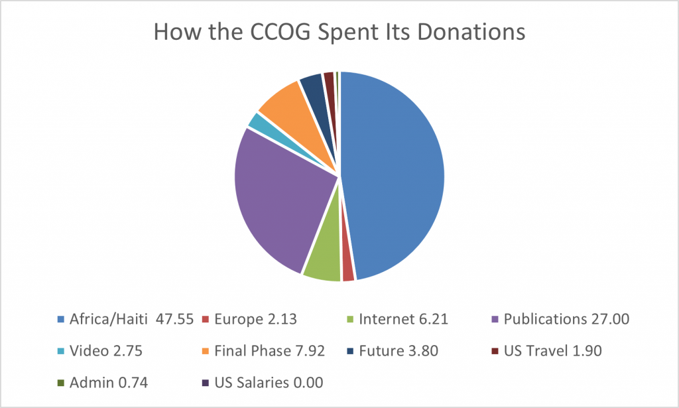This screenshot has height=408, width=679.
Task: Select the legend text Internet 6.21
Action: coord(403,320)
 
